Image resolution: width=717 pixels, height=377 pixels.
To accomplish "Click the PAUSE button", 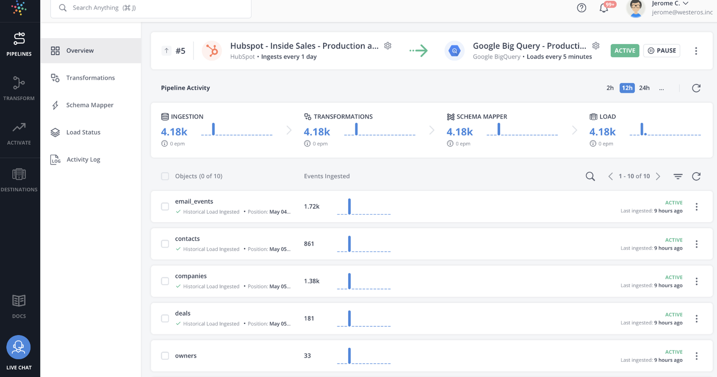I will [x=662, y=51].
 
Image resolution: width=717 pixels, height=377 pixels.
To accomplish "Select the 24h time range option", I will [x=644, y=88].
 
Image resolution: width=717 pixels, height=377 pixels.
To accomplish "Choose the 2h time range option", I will [x=610, y=88].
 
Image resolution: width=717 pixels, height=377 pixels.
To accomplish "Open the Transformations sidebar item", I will [x=90, y=78].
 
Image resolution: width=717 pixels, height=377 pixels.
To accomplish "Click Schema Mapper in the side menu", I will [x=90, y=105].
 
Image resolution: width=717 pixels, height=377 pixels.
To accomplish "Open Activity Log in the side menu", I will [x=83, y=159].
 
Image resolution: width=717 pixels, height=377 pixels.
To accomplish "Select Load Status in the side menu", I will [x=83, y=132].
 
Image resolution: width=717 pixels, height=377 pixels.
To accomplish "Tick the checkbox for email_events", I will [x=165, y=206].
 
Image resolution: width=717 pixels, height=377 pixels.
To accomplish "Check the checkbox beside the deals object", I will [x=165, y=318].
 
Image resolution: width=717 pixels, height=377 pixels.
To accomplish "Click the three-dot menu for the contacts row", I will [x=696, y=244].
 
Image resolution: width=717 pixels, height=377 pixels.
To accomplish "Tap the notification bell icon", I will [x=604, y=8].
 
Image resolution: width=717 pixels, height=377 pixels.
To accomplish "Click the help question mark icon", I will [x=581, y=8].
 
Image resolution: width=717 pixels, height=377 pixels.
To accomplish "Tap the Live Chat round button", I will [x=18, y=347].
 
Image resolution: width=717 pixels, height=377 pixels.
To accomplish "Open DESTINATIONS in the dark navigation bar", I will [x=19, y=180].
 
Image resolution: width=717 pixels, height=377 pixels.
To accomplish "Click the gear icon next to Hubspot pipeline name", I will [x=388, y=46].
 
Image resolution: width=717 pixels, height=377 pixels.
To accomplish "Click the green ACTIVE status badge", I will [x=625, y=51].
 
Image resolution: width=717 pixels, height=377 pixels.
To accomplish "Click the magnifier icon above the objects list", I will [x=590, y=176].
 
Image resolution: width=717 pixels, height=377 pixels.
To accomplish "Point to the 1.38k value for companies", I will [x=311, y=281].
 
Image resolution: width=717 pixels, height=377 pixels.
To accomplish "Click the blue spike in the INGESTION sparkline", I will [x=213, y=129].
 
